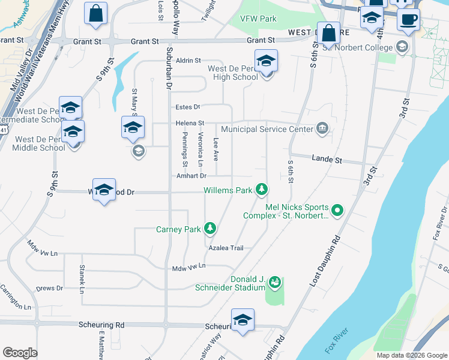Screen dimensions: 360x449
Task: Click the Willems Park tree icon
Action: [x=261, y=190]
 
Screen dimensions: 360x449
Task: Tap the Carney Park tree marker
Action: [x=210, y=228]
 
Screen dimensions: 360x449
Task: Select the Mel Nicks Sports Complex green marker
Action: [x=337, y=210]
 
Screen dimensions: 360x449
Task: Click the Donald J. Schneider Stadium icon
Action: [x=275, y=281]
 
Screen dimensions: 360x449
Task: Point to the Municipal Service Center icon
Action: [x=322, y=128]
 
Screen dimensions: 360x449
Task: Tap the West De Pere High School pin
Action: [x=265, y=62]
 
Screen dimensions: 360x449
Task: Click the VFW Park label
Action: [x=258, y=19]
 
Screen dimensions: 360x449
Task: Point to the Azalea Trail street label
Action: [x=226, y=248]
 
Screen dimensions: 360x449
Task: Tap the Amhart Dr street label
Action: [x=191, y=176]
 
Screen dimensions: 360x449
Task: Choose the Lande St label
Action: [x=327, y=160]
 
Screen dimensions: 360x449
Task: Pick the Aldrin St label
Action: [x=188, y=61]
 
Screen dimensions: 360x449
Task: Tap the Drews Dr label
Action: [x=49, y=289]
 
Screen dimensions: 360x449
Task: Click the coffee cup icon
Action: [x=408, y=18]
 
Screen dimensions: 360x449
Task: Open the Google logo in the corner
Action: [x=20, y=353]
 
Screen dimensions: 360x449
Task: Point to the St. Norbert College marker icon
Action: [x=402, y=46]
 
